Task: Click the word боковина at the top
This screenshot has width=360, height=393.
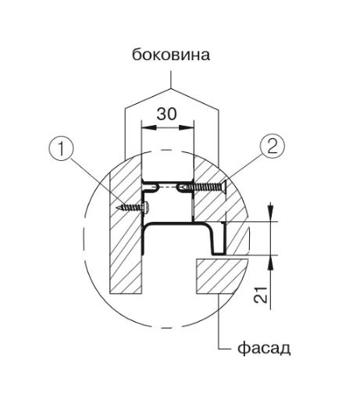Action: coord(171,55)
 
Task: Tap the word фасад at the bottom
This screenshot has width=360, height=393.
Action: coord(264,348)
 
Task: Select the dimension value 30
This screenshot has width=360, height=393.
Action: coord(166,114)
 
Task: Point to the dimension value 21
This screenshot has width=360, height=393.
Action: coord(261,295)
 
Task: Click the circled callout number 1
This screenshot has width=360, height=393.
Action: coord(61,148)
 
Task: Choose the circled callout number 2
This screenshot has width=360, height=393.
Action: coord(273,146)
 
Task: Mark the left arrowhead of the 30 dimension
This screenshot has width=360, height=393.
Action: coord(148,127)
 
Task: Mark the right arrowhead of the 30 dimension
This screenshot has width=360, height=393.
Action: coord(187,127)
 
